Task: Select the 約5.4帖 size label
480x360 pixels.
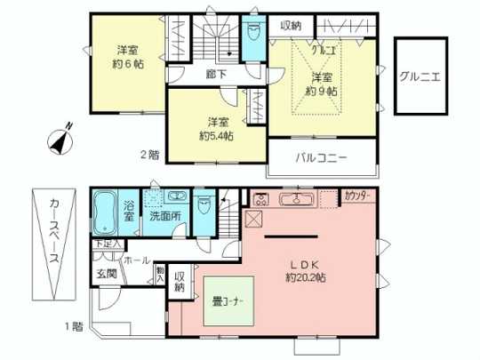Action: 216,136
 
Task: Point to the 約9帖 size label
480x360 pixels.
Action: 321,91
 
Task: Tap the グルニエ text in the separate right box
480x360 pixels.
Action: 416,76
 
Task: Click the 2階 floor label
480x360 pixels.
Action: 148,156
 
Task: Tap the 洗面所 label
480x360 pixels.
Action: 164,215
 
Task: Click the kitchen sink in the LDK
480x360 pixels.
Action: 291,198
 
